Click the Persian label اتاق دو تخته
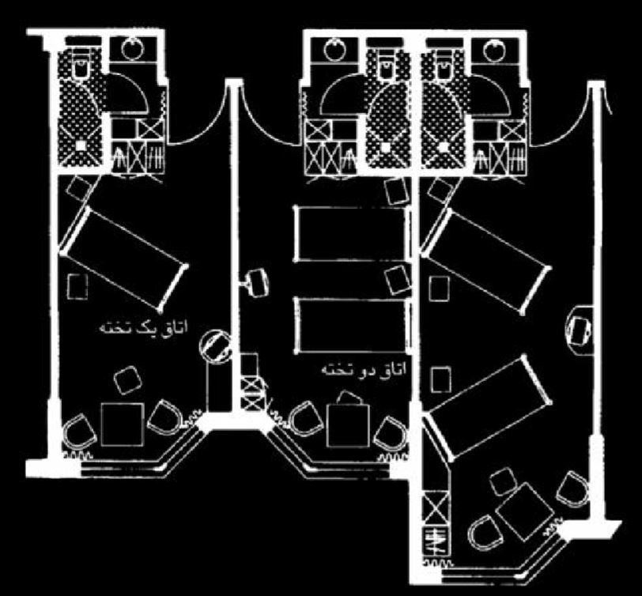point(363,369)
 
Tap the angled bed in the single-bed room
point(123,258)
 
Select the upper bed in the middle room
point(352,234)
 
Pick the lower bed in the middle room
point(352,325)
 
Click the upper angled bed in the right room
point(486,261)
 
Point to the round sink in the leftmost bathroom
point(133,49)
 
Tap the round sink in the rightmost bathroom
point(494,51)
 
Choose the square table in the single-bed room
point(123,424)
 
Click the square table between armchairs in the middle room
point(348,426)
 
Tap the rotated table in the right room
point(525,511)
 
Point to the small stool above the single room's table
point(127,380)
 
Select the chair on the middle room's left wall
point(255,282)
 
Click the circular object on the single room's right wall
point(214,346)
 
